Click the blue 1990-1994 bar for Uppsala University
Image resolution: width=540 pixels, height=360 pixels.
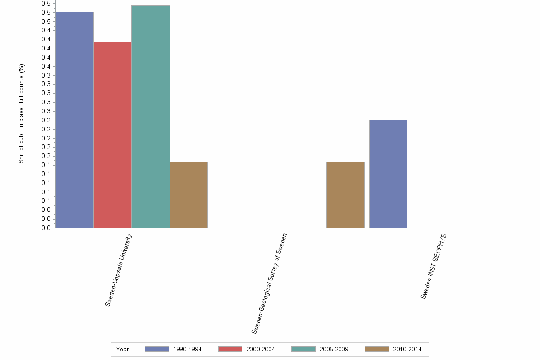pyautogui.click(x=74, y=120)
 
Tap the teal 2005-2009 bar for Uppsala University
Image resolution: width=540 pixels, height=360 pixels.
pyautogui.click(x=150, y=116)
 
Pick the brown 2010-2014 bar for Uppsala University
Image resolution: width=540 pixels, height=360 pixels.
pyautogui.click(x=189, y=195)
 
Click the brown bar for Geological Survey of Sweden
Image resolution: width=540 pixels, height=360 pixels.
pyautogui.click(x=345, y=195)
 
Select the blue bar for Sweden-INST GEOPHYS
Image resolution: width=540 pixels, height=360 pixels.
pyautogui.click(x=388, y=173)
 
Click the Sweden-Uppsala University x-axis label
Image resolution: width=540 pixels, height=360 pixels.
pyautogui.click(x=119, y=270)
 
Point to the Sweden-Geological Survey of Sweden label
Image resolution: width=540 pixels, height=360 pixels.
pyautogui.click(x=269, y=283)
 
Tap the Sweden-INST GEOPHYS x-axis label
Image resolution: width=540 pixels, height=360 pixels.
pyautogui.click(x=434, y=266)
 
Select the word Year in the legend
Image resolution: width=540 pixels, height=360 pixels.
pyautogui.click(x=122, y=350)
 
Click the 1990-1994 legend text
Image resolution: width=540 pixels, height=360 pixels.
pyautogui.click(x=188, y=350)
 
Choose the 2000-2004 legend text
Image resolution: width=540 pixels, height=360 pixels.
pyautogui.click(x=261, y=350)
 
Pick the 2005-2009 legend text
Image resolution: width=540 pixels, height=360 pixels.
pyautogui.click(x=334, y=350)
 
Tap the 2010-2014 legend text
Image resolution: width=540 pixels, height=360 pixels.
pyautogui.click(x=408, y=350)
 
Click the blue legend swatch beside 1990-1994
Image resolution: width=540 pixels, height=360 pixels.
pyautogui.click(x=157, y=349)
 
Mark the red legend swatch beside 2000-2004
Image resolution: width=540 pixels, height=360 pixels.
pyautogui.click(x=230, y=349)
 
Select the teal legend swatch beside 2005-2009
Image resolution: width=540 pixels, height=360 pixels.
pyautogui.click(x=303, y=349)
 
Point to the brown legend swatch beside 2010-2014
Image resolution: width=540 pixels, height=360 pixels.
pyautogui.click(x=377, y=349)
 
